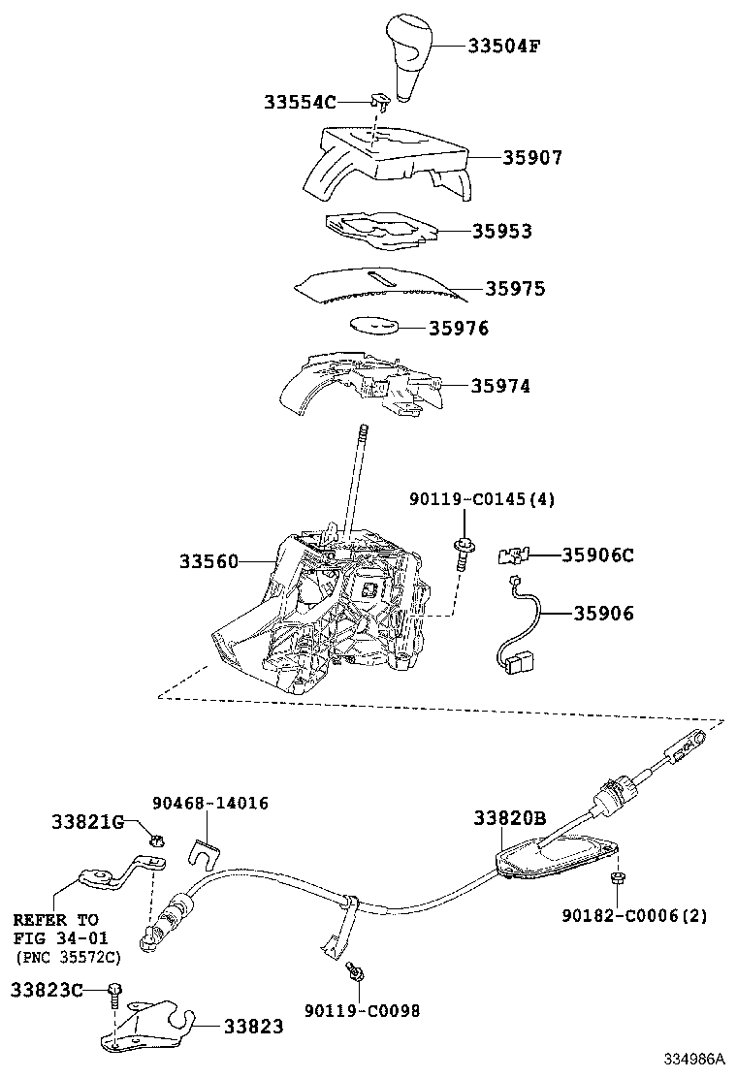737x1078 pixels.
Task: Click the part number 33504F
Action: coord(503,46)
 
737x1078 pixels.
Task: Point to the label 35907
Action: coord(531,157)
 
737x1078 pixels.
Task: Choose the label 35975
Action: coord(515,289)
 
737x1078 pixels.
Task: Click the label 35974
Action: coord(500,386)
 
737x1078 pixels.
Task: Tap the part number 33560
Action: coord(208,561)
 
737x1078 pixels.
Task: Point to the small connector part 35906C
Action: coord(511,555)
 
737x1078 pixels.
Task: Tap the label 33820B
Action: coord(510,818)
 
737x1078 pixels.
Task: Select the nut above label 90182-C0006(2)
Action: coord(617,877)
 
